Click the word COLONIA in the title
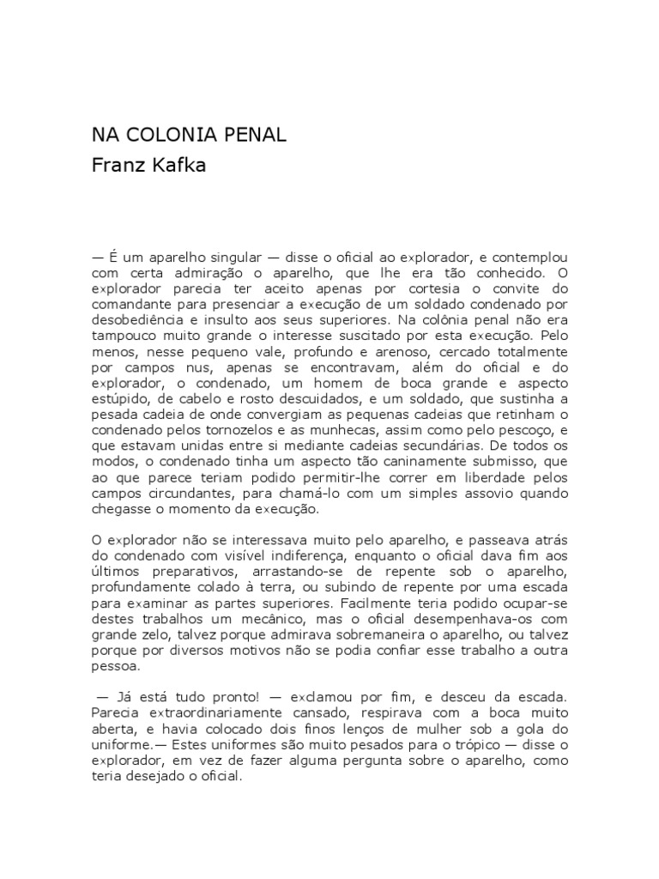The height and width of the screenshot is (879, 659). point(161,136)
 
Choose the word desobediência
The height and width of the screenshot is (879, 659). point(139,320)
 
